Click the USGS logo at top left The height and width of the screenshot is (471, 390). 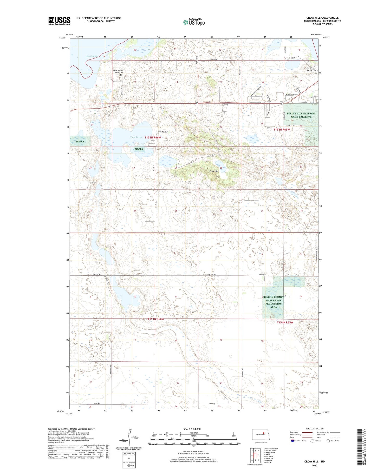point(59,21)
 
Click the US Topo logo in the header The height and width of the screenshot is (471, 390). point(194,22)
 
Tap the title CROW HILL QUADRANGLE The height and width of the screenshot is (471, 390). point(322,18)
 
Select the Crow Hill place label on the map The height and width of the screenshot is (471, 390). point(213,171)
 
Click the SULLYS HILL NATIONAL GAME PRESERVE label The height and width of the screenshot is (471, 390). point(301,115)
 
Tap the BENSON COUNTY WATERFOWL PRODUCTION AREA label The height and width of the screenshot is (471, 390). point(273,302)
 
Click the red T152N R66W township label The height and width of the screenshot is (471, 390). point(154,137)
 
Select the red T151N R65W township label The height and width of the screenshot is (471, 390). point(285,322)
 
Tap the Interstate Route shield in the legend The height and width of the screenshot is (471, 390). point(292,441)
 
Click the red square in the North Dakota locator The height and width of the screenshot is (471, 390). point(263,433)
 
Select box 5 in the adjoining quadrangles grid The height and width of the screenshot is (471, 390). point(259,455)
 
